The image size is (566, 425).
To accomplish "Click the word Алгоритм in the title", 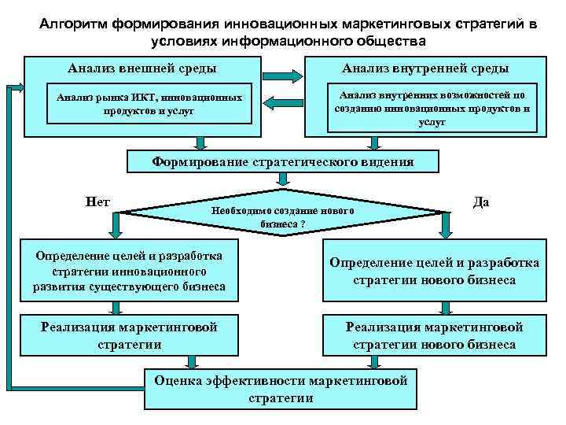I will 75,24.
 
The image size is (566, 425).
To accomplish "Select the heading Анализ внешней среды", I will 141,68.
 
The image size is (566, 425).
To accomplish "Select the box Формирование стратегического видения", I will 282,163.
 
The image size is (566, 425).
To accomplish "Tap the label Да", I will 481,202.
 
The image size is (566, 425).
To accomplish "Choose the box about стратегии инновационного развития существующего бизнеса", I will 128,272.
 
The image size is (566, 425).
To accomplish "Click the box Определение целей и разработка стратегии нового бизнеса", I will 434,272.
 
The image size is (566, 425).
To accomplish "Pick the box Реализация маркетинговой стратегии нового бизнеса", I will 434,335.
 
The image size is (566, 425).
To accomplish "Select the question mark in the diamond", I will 303,223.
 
